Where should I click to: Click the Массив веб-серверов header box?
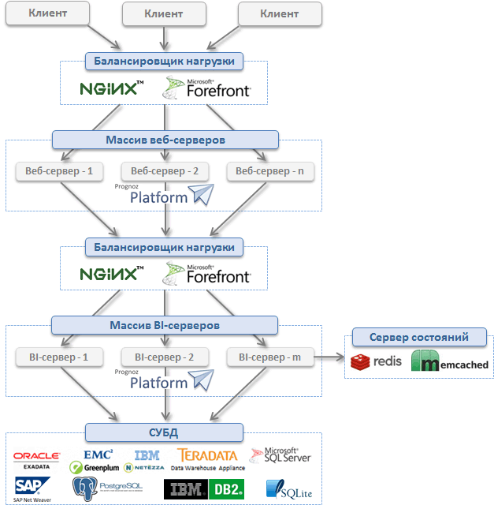click(165, 140)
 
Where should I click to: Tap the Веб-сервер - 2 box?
click(164, 170)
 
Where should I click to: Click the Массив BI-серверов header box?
click(165, 325)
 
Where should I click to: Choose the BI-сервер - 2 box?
click(164, 357)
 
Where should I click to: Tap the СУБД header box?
click(165, 432)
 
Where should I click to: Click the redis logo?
click(377, 362)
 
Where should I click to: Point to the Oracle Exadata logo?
click(37, 458)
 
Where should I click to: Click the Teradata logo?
click(207, 458)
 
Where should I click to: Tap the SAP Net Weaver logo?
click(31, 488)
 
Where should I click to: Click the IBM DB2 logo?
click(203, 489)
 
